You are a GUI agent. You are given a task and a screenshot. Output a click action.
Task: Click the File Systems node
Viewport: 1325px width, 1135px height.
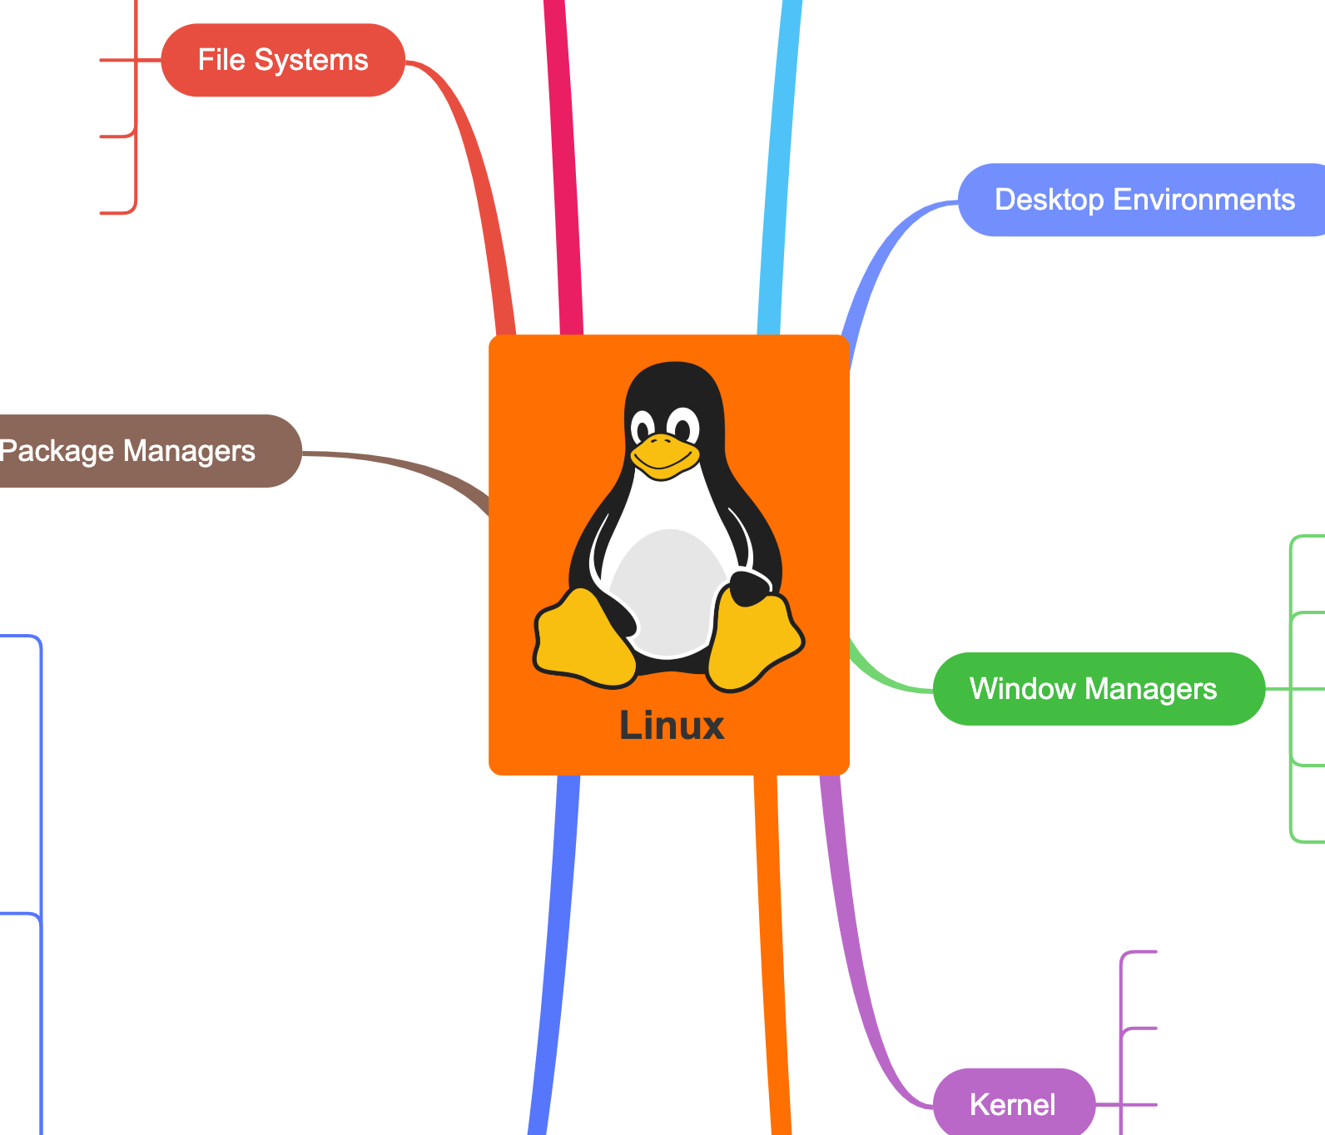pyautogui.click(x=283, y=60)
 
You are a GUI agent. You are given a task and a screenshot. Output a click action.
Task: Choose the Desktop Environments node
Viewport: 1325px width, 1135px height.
pyautogui.click(x=1144, y=200)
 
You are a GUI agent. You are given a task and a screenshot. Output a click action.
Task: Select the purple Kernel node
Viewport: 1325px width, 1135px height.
pyautogui.click(x=1013, y=1104)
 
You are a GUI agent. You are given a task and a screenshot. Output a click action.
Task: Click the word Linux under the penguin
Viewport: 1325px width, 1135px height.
pyautogui.click(x=672, y=726)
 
